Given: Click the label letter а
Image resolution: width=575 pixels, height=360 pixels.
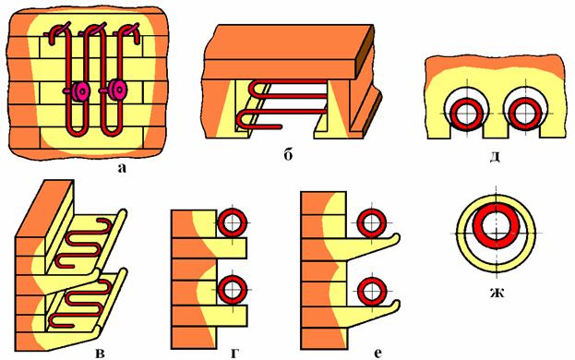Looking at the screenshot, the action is [x=122, y=168].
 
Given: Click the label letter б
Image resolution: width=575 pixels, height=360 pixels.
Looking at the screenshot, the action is [x=288, y=155].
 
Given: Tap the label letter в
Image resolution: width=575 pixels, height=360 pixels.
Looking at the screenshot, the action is [x=100, y=354].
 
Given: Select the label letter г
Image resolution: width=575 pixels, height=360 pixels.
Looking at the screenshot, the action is [x=234, y=354].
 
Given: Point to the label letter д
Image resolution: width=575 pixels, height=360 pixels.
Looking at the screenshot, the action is [x=495, y=157].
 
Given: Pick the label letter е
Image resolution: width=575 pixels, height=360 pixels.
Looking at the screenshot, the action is [x=378, y=354].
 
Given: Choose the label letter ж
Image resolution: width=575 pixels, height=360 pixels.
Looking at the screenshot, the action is [x=497, y=293].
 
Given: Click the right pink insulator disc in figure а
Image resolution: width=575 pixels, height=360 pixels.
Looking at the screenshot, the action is [x=117, y=90].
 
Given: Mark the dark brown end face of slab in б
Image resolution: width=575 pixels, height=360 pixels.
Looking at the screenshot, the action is [x=365, y=52].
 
